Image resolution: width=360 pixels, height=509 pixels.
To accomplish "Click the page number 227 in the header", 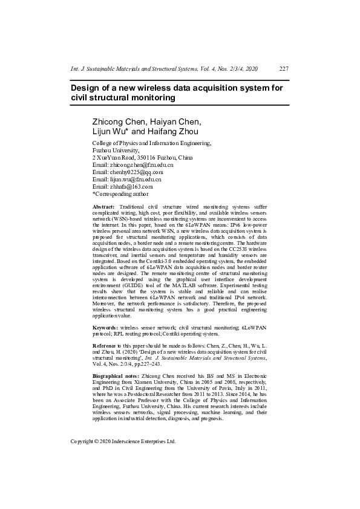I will click(283, 69).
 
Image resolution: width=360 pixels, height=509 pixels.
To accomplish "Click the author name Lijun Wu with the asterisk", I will click(110, 131).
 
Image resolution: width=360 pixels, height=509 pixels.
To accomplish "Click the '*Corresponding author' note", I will click(120, 194).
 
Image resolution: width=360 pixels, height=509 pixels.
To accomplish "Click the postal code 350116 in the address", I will click(143, 157).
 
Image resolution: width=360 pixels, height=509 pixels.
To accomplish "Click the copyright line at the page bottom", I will click(123, 441).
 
